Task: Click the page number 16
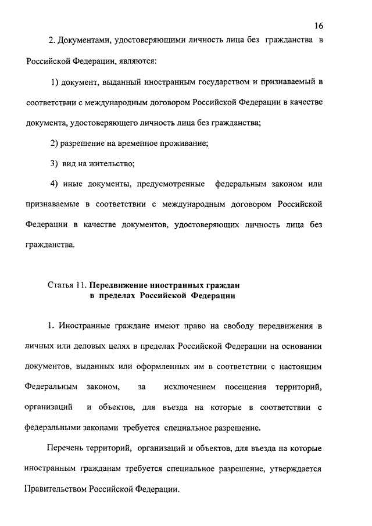click(x=319, y=26)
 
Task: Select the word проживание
click(x=183, y=143)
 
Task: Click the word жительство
click(x=109, y=163)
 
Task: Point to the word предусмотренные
click(x=171, y=184)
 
